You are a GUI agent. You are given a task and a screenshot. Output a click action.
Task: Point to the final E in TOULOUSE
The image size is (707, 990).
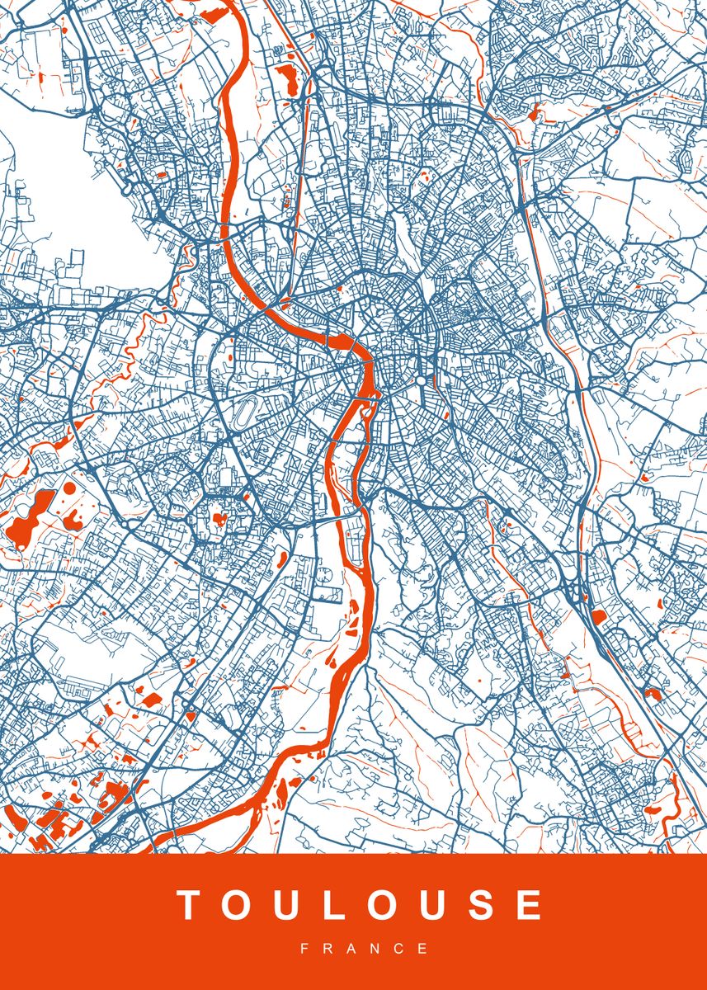click(x=528, y=905)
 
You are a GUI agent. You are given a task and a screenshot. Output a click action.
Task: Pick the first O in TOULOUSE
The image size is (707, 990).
click(x=233, y=905)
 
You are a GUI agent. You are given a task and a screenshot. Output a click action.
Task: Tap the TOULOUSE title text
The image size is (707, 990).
click(x=361, y=905)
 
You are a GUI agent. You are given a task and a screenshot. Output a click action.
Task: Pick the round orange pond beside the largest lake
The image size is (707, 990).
click(x=68, y=488)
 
